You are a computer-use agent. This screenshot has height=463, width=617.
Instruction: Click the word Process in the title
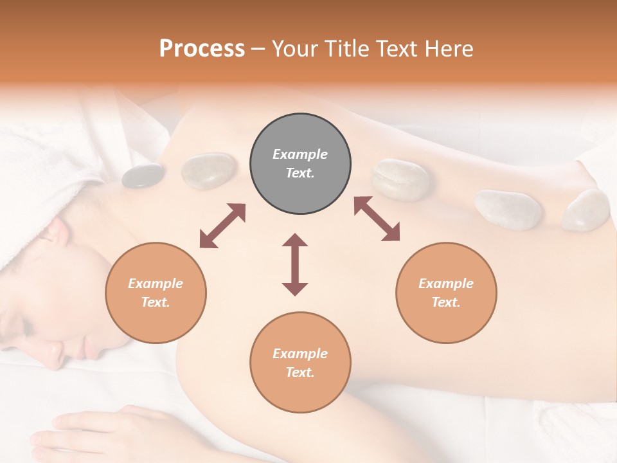click(x=202, y=49)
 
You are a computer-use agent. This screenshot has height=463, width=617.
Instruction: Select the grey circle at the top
click(x=300, y=164)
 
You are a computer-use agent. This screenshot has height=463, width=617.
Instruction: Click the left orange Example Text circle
click(x=156, y=293)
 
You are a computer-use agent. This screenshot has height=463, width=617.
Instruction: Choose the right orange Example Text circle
click(x=446, y=293)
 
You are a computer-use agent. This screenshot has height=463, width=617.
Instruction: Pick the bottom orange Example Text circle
click(x=300, y=363)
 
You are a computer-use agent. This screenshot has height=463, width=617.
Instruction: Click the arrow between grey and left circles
click(x=222, y=226)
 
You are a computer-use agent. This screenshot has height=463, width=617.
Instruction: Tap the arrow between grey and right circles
click(x=377, y=219)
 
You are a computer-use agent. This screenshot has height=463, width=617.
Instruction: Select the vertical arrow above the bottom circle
click(x=295, y=264)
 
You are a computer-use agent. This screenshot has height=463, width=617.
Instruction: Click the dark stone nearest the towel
click(x=143, y=176)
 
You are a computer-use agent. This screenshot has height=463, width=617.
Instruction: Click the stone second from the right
click(x=508, y=209)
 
